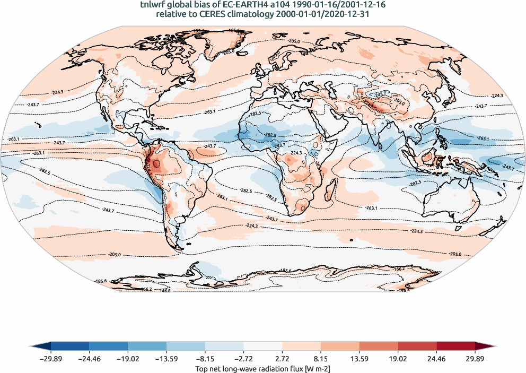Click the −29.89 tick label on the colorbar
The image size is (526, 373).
point(50,358)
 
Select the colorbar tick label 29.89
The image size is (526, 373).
point(475,358)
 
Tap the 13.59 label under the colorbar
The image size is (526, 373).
point(360,358)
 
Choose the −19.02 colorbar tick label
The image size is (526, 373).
point(128,358)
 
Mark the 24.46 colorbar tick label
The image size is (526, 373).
point(437,358)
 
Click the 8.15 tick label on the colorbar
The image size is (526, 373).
point(321,358)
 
